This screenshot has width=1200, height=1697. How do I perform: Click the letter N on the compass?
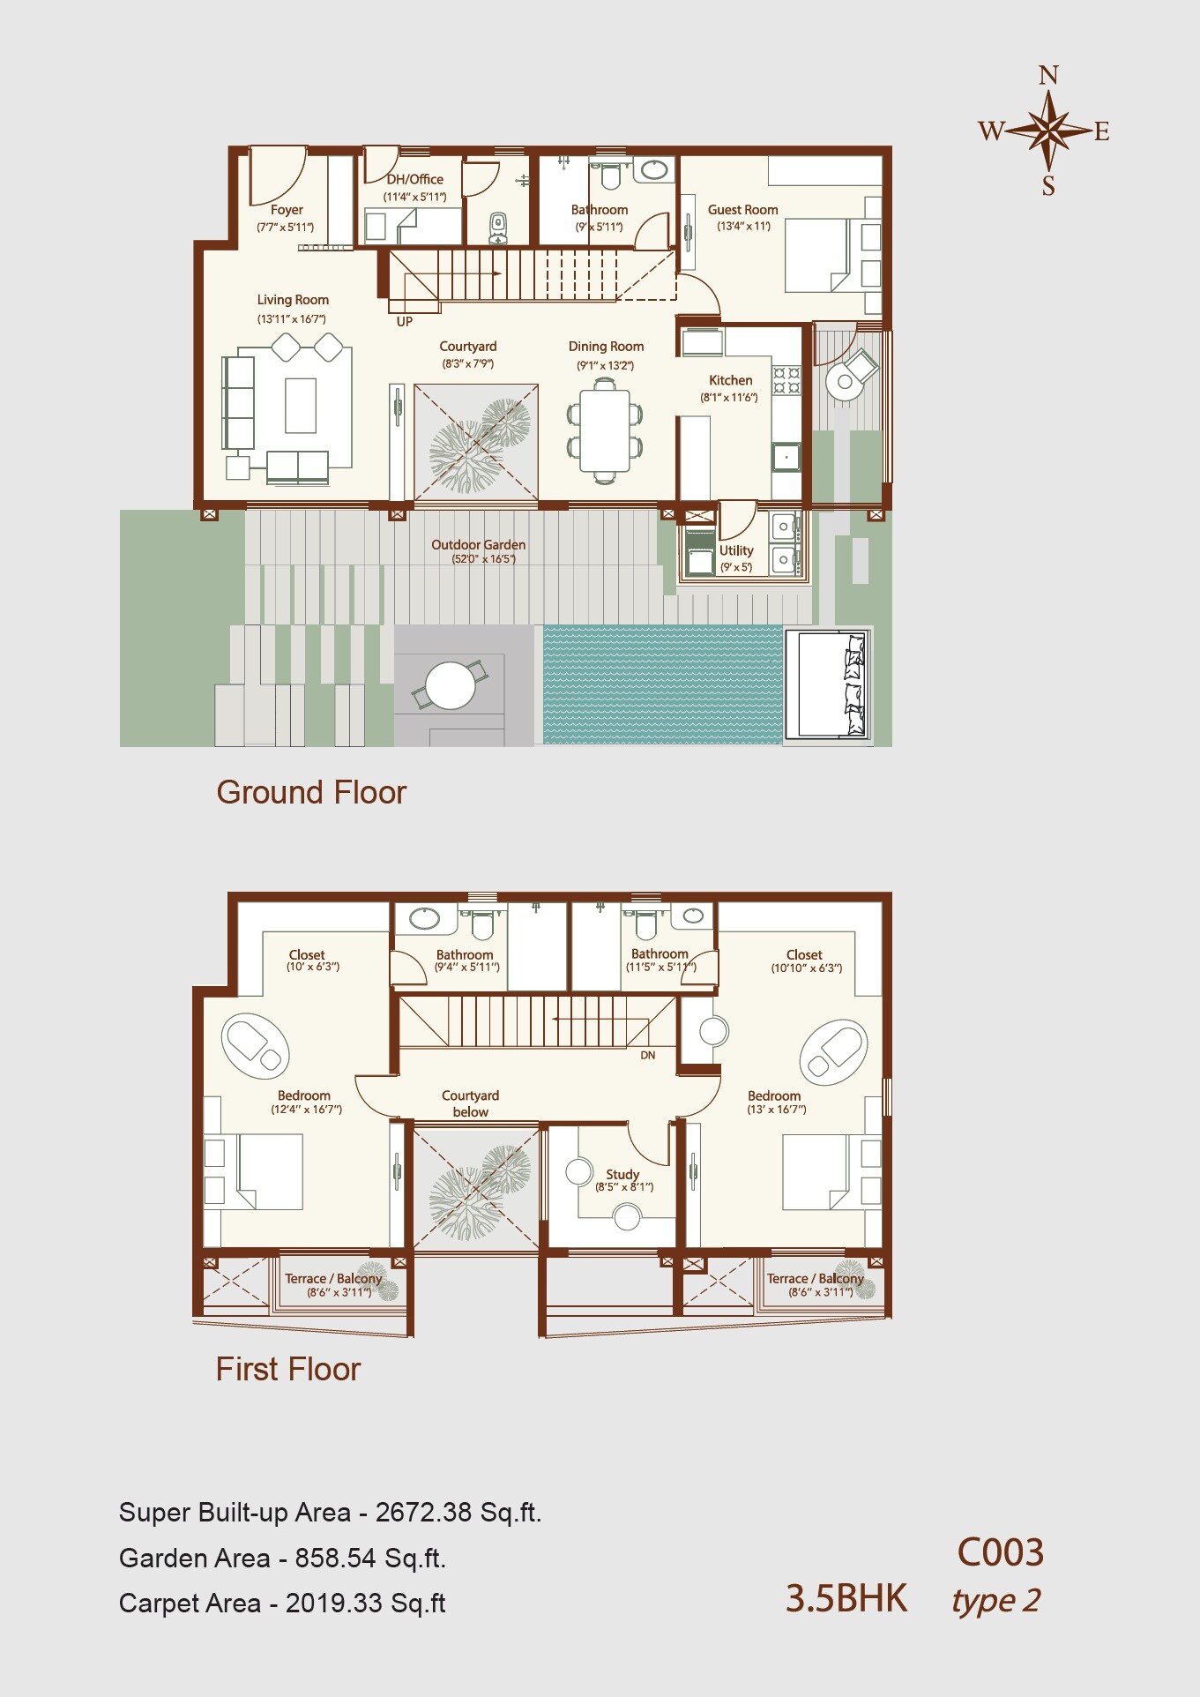coord(1048,76)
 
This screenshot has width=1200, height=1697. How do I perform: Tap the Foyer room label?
coord(287,210)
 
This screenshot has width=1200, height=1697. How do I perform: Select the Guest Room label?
coord(742,210)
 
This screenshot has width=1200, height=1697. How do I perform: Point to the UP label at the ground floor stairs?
coord(404,322)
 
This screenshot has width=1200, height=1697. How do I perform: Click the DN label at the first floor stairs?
coord(648,1056)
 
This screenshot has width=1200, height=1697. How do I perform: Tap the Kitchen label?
coord(731,380)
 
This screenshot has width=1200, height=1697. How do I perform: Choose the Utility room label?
coord(736,550)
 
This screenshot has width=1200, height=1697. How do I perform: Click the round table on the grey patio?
coord(450,685)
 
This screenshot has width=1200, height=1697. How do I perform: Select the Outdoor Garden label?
coord(478,545)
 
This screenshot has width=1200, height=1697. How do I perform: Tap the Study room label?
coord(622,1174)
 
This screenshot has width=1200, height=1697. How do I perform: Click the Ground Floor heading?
coord(311,792)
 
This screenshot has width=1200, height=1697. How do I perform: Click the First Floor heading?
coord(288,1369)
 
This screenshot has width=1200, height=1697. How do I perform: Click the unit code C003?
coord(1000,1553)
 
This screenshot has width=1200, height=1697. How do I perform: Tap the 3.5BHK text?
coord(846,1599)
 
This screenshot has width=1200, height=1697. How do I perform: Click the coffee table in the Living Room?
coord(301,405)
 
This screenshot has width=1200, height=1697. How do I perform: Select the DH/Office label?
coord(414,179)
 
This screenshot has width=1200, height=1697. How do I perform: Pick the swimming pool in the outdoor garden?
coord(662,684)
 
